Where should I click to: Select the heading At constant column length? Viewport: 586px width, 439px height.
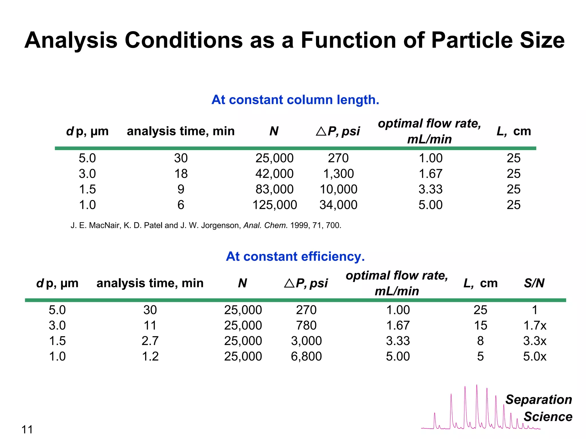click(x=295, y=100)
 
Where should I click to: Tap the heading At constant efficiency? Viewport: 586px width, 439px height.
click(x=295, y=256)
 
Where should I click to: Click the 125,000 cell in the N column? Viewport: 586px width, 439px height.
click(x=274, y=205)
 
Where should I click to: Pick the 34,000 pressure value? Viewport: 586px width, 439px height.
click(x=338, y=205)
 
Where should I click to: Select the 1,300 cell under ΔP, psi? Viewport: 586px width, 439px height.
click(x=338, y=174)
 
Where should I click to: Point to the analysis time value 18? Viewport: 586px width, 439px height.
click(x=181, y=174)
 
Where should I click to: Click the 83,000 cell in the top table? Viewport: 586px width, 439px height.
click(x=274, y=189)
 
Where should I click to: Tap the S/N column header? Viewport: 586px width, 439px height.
click(x=534, y=283)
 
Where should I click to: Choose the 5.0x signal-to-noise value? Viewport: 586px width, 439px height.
click(x=534, y=356)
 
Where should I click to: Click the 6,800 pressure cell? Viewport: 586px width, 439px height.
click(x=306, y=356)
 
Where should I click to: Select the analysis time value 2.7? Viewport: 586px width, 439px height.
click(x=150, y=341)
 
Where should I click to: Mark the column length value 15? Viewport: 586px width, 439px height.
click(x=480, y=326)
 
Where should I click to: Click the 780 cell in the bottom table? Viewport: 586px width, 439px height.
click(x=306, y=326)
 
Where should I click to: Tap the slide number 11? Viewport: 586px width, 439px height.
click(x=27, y=430)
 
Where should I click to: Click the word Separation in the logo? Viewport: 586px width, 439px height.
click(x=539, y=400)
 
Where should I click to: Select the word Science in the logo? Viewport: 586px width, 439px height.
click(x=548, y=417)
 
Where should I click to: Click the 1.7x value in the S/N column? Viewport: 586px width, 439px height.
click(x=534, y=326)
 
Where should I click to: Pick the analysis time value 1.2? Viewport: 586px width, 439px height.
click(x=150, y=356)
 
